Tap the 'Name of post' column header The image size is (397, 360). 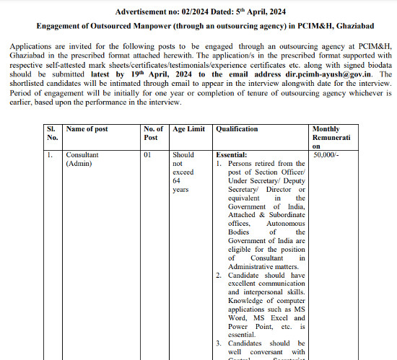coord(87,129)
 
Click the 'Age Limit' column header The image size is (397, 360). coord(188,129)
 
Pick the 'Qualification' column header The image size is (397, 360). coord(237,129)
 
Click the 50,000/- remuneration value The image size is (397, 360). coord(326,155)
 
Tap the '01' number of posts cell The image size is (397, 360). coord(147,155)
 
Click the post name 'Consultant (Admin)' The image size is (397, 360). coord(82,159)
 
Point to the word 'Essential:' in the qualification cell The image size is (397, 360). coord(232,155)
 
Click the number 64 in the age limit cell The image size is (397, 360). coord(178,181)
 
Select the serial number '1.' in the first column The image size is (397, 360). coord(50,155)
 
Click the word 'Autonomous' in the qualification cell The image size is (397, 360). coord(286,224)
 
